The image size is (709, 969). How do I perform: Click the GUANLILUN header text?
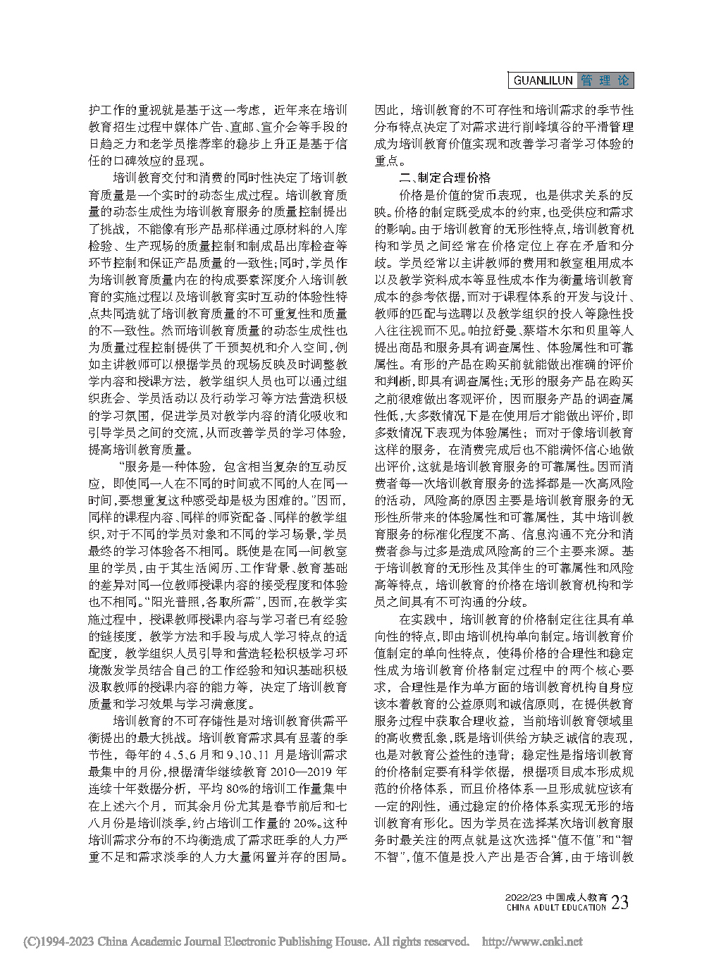pyautogui.click(x=543, y=80)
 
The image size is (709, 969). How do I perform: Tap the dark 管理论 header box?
pyautogui.click(x=605, y=80)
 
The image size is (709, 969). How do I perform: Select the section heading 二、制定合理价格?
pyautogui.click(x=445, y=178)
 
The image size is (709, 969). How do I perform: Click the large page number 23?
pyautogui.click(x=620, y=903)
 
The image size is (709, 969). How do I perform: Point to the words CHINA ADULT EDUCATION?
pyautogui.click(x=556, y=908)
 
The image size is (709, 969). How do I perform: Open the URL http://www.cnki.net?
pyautogui.click(x=531, y=942)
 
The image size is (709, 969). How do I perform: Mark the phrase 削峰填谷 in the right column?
pyautogui.click(x=546, y=127)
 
